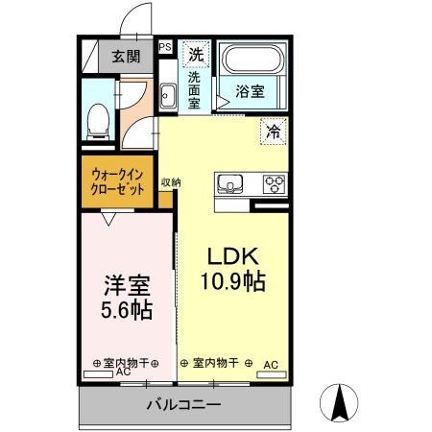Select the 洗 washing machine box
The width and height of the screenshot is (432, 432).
tap(196, 53)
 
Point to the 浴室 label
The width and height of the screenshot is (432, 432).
tap(252, 94)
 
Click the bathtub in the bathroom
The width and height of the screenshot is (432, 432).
tap(252, 62)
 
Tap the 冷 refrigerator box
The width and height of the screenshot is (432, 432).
tap(273, 132)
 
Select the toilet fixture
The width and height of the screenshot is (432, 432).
tap(97, 119)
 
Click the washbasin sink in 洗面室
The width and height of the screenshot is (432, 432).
tap(168, 95)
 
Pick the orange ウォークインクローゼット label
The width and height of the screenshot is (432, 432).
tap(119, 182)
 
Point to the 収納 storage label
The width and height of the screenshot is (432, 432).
tap(171, 182)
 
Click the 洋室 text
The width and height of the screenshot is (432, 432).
tap(128, 286)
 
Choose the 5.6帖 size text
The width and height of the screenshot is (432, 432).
tap(128, 312)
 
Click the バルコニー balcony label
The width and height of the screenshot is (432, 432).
tap(183, 404)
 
